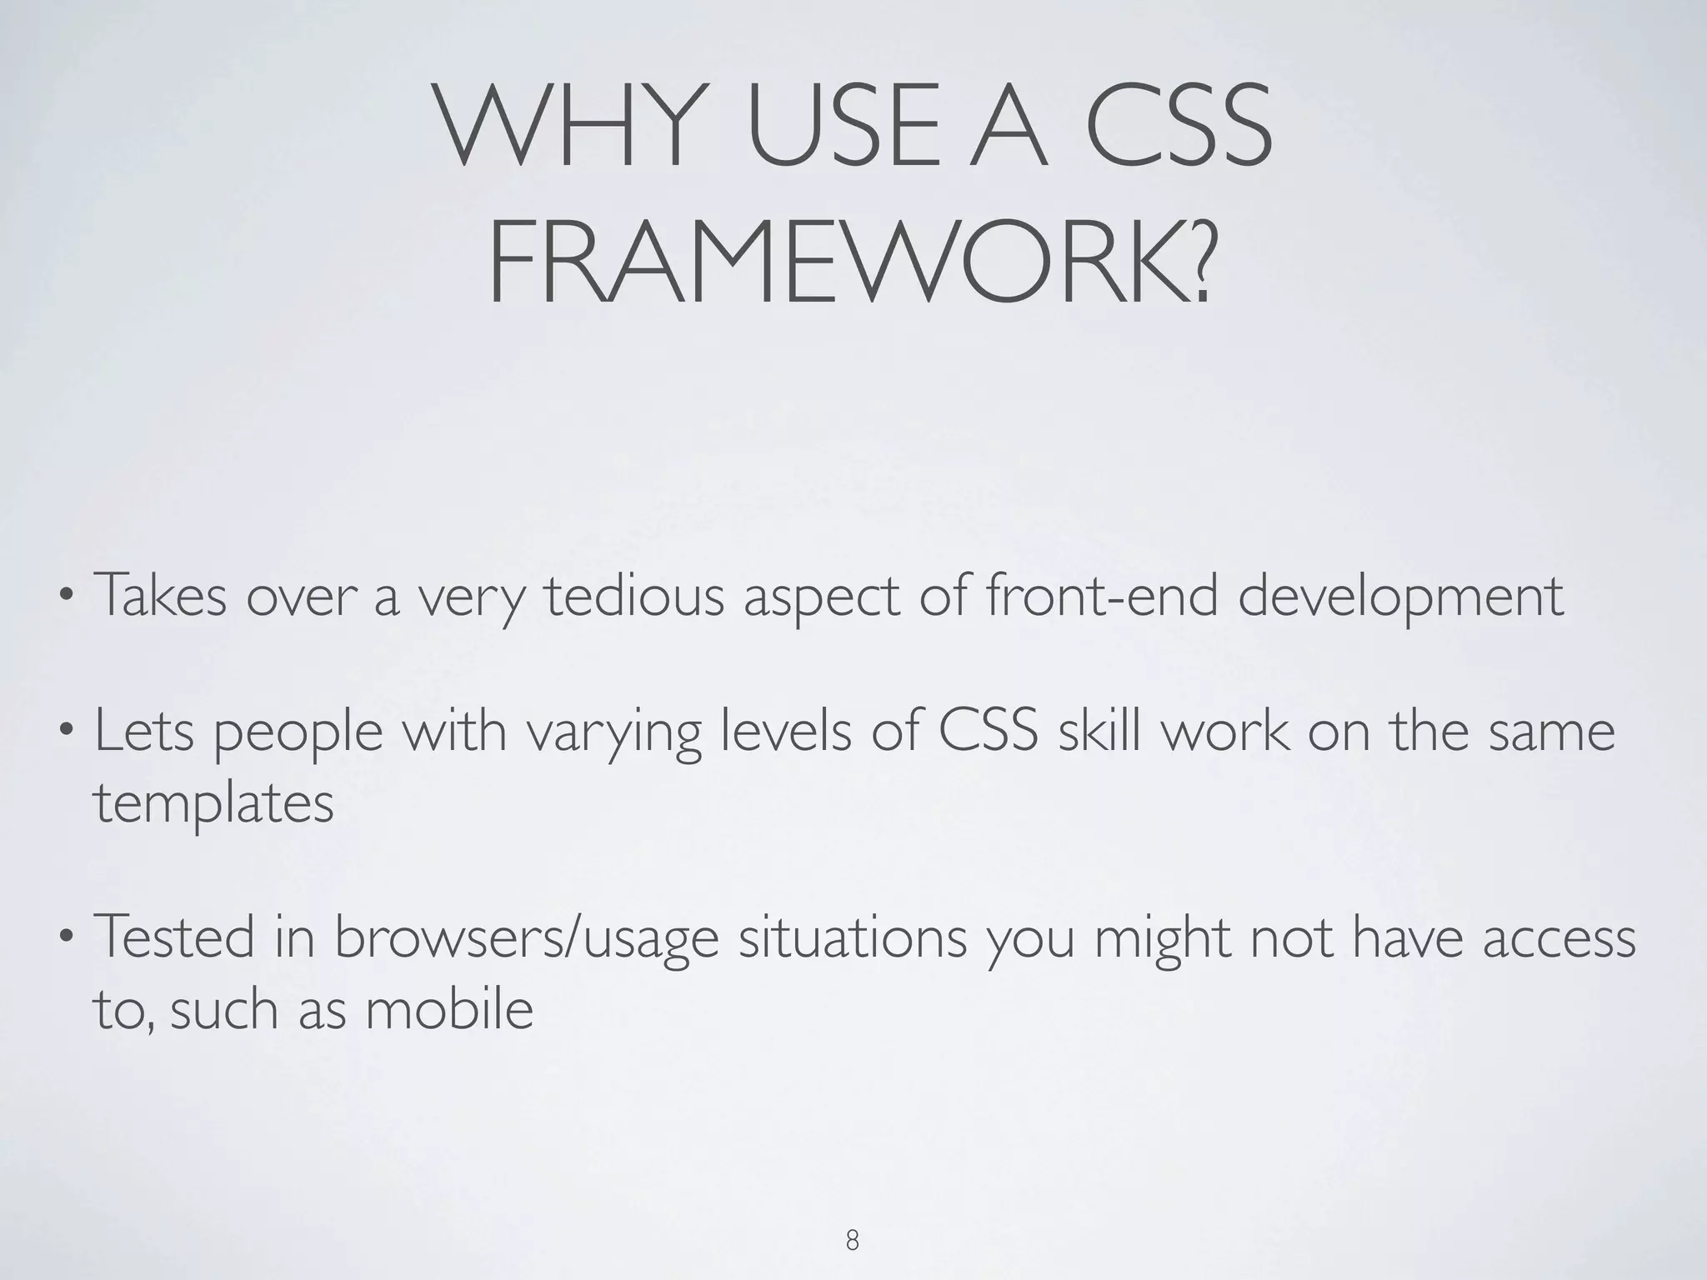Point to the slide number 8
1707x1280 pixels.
[852, 1241]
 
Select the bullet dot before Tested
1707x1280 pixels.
[64, 938]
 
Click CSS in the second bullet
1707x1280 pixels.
[988, 730]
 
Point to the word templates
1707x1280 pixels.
[213, 805]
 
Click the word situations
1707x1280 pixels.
[853, 937]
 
